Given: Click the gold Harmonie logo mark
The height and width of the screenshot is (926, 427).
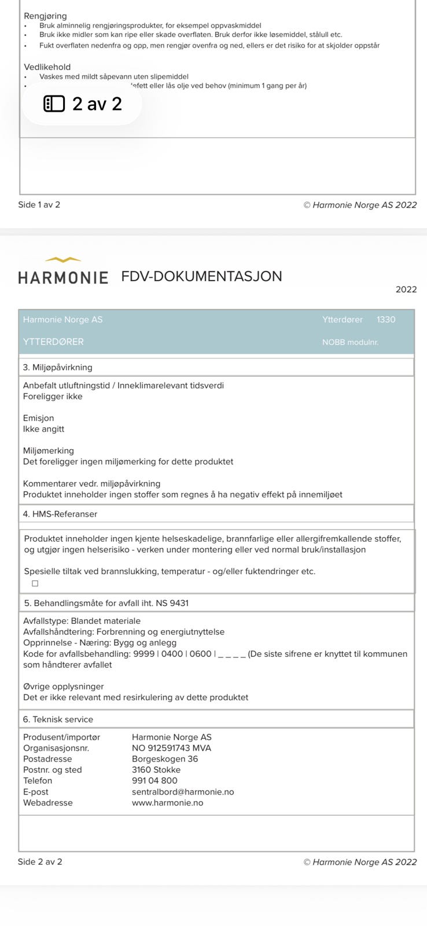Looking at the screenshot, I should pos(63,260).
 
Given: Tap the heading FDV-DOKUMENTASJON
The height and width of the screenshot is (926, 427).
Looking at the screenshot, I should pos(201,276).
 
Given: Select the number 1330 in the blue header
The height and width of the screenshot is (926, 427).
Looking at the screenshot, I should pos(386,319).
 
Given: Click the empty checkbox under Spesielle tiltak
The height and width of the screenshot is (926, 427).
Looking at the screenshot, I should pos(35,583).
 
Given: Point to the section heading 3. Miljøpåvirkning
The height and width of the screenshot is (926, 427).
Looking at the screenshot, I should pos(57,367).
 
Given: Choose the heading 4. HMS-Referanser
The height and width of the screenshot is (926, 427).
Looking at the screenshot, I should pos(60,514).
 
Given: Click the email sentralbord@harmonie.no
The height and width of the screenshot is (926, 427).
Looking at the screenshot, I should pos(183,792).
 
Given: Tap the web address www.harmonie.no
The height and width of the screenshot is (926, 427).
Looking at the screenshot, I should pos(167,803).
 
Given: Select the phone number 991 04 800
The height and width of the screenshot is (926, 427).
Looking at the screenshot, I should pos(154,781).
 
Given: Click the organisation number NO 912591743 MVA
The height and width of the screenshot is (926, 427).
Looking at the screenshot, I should pos(171,748).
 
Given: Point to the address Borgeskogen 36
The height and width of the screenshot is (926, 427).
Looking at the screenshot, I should pos(165,759).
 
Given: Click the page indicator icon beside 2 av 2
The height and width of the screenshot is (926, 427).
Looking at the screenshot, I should pos(54,104).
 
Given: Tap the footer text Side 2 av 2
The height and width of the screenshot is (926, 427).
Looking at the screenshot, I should pos(40,862).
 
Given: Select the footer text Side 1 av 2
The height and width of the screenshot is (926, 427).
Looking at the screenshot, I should pos(39,204).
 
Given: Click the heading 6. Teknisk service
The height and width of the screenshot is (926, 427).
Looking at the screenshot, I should pos(58,719).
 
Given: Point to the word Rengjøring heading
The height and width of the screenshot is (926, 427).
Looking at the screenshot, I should pos(45,16).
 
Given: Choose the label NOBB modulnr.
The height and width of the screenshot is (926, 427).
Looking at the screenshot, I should pos(350,342).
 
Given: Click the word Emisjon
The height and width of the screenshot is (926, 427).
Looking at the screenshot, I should pos(38,418).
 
